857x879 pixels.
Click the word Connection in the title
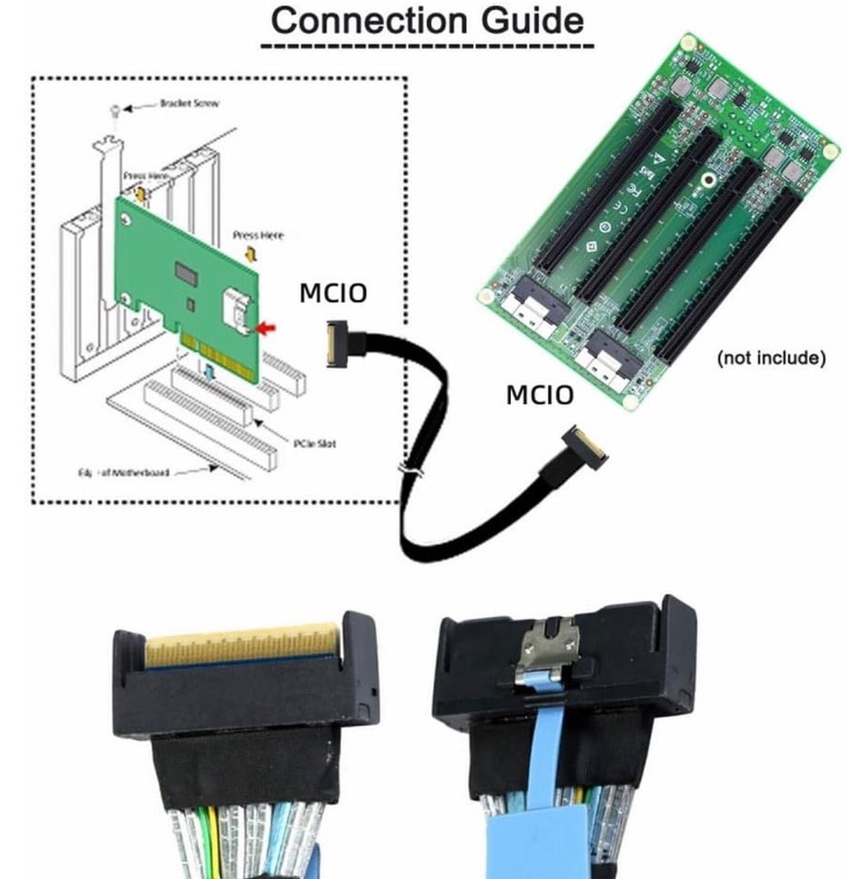pos(370,22)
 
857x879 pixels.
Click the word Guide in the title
pos(533,22)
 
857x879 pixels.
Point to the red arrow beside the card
pos(266,329)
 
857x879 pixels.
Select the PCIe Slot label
pos(314,443)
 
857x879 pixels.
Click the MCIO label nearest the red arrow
pos(333,293)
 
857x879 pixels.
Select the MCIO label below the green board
pos(539,395)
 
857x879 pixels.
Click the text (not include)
pos(771,357)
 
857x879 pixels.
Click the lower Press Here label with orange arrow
pos(258,235)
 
